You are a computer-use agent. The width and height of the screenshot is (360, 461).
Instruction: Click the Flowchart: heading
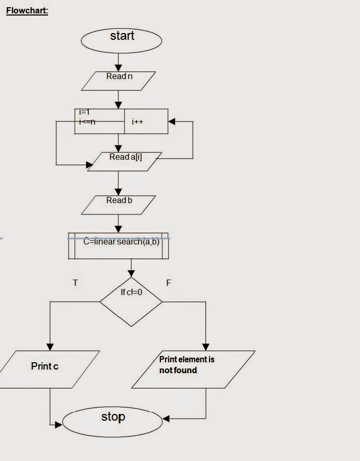pyautogui.click(x=27, y=11)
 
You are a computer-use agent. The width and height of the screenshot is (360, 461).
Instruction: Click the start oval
pyautogui.click(x=122, y=40)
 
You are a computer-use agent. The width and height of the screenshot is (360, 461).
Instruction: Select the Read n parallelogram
pyautogui.click(x=118, y=81)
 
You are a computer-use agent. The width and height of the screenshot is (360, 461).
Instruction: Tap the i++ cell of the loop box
pyautogui.click(x=146, y=121)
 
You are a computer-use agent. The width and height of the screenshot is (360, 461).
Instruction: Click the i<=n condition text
pyautogui.click(x=87, y=121)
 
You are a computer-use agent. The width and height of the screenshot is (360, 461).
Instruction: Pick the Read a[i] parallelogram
pyautogui.click(x=125, y=161)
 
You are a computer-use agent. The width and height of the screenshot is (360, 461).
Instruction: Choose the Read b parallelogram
pyautogui.click(x=118, y=205)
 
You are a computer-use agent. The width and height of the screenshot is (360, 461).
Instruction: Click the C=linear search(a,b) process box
pyautogui.click(x=118, y=245)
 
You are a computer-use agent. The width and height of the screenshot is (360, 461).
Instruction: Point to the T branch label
pyautogui.click(x=76, y=283)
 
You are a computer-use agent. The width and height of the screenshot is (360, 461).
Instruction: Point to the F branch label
pyautogui.click(x=169, y=283)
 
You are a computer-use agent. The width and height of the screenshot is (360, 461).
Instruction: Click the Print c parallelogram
pyautogui.click(x=48, y=369)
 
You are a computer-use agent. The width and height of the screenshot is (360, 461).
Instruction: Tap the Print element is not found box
pyautogui.click(x=193, y=369)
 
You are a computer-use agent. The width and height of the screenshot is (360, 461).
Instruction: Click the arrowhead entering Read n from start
pyautogui.click(x=118, y=68)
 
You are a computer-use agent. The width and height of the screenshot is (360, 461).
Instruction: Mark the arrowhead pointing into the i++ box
pyautogui.click(x=172, y=122)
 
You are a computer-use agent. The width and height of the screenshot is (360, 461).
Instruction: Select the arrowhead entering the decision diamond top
pyautogui.click(x=131, y=274)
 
